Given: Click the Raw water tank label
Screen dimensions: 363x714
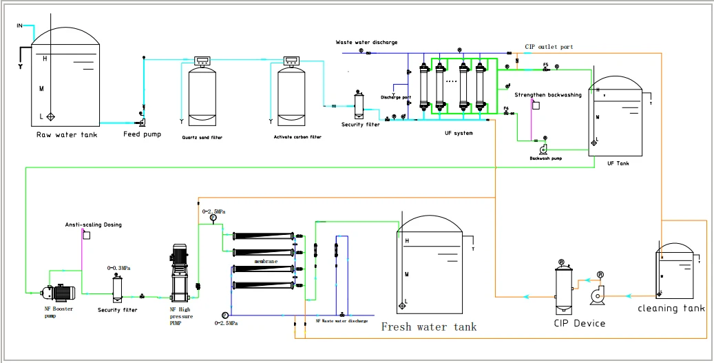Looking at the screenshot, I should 67,135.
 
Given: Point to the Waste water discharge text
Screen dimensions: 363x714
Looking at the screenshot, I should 366,43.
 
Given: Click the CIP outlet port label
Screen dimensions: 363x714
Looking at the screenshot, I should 549,47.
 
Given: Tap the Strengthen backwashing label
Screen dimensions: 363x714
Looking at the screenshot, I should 548,95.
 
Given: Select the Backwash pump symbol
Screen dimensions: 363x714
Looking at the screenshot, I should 544,148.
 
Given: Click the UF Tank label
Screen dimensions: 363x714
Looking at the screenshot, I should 617,164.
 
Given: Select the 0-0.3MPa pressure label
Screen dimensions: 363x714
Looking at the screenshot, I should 119,267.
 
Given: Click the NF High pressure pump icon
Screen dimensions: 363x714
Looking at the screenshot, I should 180,272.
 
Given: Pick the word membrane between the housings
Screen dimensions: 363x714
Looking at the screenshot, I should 264,262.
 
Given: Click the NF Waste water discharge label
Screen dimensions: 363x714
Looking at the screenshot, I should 341,321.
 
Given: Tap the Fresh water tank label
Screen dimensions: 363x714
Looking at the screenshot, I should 428,326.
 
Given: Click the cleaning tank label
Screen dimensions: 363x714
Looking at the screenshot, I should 671,309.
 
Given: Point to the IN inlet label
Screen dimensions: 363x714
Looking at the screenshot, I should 19,26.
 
